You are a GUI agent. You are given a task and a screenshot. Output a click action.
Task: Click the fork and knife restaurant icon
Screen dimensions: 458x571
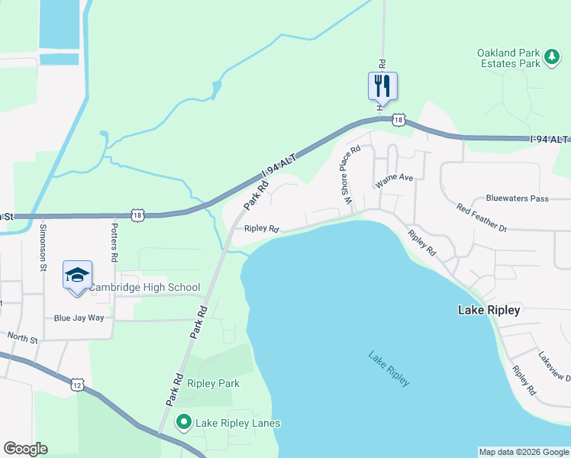(382, 85)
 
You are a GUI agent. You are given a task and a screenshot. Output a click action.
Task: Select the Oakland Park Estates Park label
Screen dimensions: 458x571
(508, 58)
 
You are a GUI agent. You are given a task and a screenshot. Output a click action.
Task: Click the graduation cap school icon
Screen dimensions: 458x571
(77, 275)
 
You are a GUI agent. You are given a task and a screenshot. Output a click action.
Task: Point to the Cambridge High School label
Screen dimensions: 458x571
(144, 288)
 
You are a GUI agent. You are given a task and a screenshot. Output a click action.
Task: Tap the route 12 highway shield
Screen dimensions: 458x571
(77, 385)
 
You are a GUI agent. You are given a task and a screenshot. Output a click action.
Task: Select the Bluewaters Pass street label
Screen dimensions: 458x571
(518, 198)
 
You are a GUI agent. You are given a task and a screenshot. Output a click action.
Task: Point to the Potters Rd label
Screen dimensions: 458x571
(113, 244)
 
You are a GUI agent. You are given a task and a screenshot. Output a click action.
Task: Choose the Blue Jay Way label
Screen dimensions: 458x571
(79, 318)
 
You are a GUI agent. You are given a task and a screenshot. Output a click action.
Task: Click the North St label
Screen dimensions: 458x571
(23, 337)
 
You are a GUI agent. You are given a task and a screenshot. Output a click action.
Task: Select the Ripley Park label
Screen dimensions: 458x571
(214, 383)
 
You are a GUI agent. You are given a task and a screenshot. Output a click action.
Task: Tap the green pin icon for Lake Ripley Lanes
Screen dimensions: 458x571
(184, 421)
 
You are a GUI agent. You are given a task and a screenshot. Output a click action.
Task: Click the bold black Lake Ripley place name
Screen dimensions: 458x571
(489, 310)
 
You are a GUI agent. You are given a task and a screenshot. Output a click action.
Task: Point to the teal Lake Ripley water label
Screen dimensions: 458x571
(389, 368)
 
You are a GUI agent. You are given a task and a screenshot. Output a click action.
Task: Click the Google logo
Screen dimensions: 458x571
(25, 449)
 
